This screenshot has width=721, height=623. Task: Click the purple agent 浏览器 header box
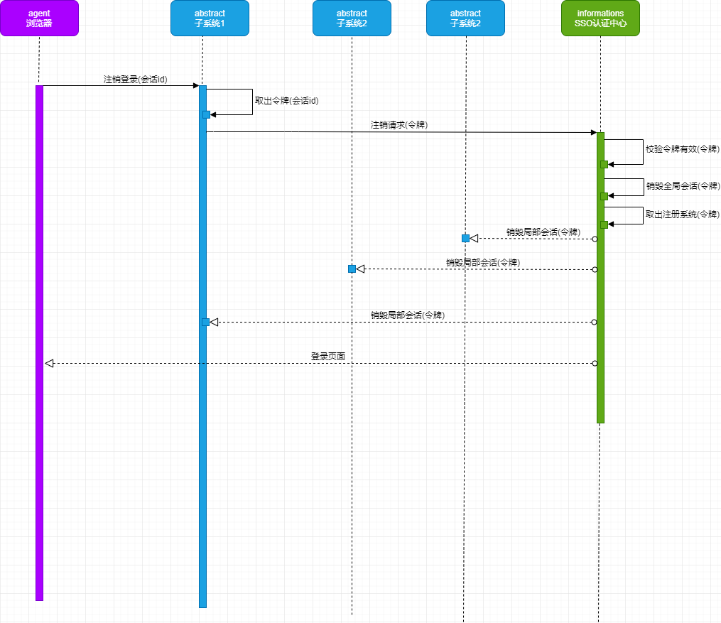pos(39,18)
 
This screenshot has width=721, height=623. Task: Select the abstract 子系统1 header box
pos(210,18)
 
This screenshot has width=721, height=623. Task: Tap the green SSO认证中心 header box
pos(600,18)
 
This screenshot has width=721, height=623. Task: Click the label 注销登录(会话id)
pos(135,80)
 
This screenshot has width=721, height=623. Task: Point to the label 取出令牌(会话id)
pos(286,101)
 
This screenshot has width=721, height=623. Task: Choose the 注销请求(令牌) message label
pos(399,125)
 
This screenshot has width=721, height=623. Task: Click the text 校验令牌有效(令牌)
pos(682,149)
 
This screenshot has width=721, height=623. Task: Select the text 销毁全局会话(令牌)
pos(682,186)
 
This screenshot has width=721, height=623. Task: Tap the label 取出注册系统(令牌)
pos(682,215)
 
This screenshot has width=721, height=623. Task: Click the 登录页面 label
pos(327,356)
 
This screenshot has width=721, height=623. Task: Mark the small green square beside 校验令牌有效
pos(604,164)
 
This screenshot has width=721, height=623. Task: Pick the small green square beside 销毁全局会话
pos(604,196)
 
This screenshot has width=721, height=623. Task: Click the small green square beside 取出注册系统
pos(604,224)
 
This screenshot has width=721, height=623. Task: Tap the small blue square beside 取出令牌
pos(206,114)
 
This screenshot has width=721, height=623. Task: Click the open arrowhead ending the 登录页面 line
pos(49,363)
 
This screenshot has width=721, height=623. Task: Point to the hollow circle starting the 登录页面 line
pos(595,363)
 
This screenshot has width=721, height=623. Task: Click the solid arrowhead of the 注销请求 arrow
pos(593,132)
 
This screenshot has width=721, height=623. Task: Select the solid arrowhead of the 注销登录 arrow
pos(196,86)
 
